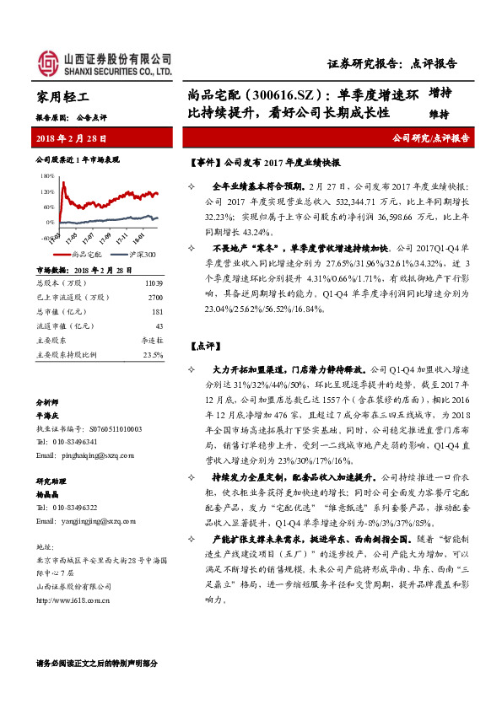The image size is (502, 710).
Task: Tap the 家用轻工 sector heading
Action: click(64, 97)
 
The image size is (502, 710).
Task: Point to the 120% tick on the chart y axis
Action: click(48, 191)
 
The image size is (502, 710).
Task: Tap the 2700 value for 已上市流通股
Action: click(154, 297)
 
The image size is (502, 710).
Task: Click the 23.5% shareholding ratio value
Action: click(153, 354)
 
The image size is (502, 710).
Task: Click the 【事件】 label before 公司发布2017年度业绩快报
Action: click(203, 162)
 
